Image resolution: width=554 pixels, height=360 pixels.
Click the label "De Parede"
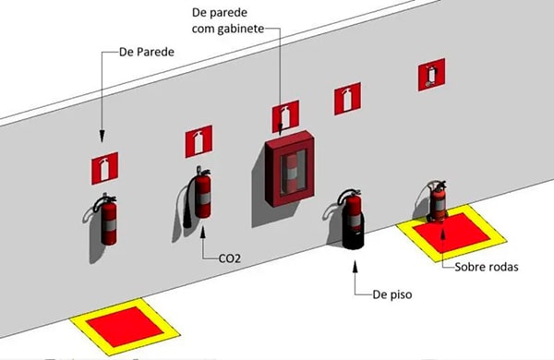(x=147, y=52)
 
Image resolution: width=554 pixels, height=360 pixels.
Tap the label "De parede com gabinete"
(x=228, y=20)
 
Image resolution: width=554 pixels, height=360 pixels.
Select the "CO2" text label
(x=230, y=258)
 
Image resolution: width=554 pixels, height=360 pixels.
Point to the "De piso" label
(x=392, y=294)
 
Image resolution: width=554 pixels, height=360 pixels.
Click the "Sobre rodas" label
(x=487, y=267)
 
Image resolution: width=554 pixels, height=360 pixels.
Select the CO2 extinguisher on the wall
(x=199, y=196)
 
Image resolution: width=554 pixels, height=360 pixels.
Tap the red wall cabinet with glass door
(x=290, y=169)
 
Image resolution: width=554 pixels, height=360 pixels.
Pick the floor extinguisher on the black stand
(x=351, y=219)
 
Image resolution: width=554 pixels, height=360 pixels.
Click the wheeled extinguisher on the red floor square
(x=438, y=202)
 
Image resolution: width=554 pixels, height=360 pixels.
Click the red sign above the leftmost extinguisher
(x=105, y=169)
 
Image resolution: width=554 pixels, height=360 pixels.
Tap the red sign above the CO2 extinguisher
(x=199, y=141)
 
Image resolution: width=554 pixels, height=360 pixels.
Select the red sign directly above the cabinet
(x=285, y=116)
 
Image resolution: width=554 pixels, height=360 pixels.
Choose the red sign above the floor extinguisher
(x=348, y=99)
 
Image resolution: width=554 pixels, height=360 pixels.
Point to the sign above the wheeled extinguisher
(x=431, y=75)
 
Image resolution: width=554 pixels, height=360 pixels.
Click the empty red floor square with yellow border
(x=125, y=327)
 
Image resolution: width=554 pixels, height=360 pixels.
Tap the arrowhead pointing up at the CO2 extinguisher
(x=203, y=234)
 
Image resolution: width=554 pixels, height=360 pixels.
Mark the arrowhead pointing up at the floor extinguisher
(x=355, y=266)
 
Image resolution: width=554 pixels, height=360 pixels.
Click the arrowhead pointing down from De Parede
(x=102, y=137)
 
